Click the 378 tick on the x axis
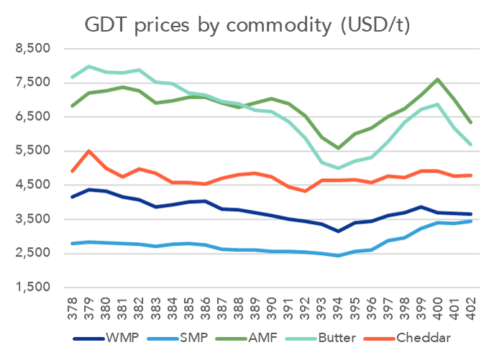point(72,308)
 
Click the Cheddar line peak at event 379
point(88,151)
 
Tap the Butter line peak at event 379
point(88,67)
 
